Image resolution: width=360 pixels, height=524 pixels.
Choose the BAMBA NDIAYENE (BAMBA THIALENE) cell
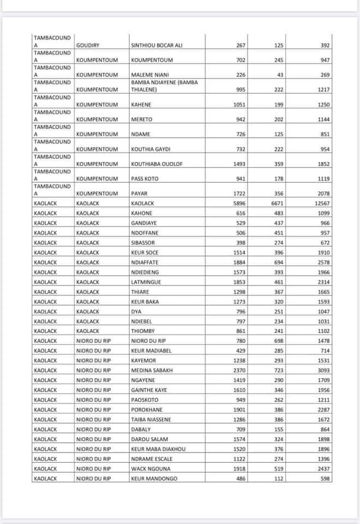pos(164,86)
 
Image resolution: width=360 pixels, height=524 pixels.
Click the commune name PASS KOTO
pos(145,178)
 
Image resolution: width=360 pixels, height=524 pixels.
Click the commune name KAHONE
pos(142,213)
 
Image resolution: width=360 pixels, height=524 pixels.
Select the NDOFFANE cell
pos(145,233)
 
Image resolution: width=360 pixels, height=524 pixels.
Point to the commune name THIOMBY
pos(143,331)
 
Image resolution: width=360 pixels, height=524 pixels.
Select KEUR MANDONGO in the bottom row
pos(154,479)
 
